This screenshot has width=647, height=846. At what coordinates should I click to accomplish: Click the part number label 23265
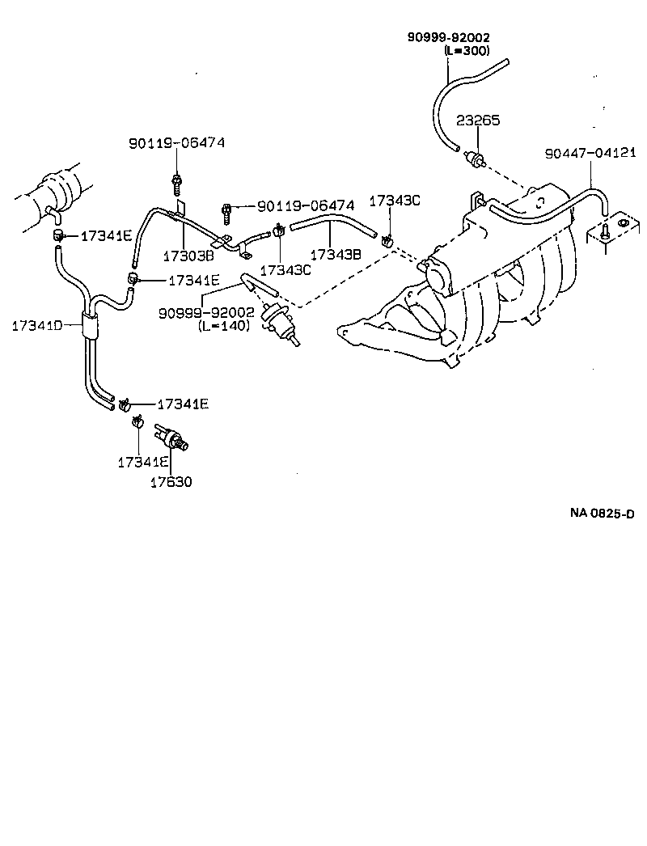tap(478, 121)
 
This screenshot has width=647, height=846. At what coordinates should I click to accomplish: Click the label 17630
tap(171, 482)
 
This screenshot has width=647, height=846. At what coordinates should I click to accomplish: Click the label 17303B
tap(187, 256)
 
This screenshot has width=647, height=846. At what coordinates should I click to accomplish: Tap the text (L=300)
tap(467, 50)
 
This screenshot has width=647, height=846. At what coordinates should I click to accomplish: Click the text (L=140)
tap(224, 325)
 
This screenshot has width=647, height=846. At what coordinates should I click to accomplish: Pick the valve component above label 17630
tap(171, 438)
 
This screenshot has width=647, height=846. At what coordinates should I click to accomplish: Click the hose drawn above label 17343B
tap(333, 224)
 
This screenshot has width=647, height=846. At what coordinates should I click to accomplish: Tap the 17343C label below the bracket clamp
tap(285, 270)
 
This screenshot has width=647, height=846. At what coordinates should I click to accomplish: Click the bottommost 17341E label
tap(142, 462)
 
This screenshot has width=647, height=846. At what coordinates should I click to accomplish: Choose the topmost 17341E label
tap(105, 236)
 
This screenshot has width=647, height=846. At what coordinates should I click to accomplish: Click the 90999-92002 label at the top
tap(449, 37)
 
